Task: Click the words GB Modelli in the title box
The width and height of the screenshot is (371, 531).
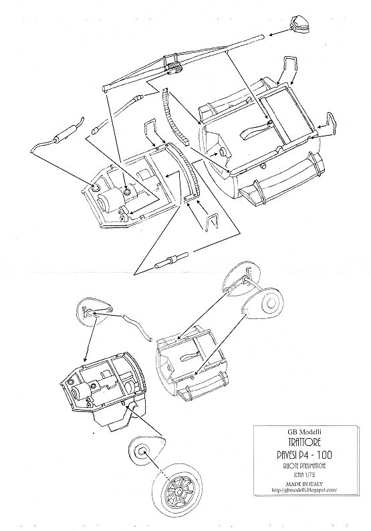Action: click(304, 432)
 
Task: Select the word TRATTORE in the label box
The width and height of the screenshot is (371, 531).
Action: click(305, 442)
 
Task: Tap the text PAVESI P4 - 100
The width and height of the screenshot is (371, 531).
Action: click(305, 455)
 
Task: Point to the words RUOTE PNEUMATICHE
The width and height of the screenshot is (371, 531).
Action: click(305, 466)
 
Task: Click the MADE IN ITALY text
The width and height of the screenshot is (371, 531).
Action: click(304, 484)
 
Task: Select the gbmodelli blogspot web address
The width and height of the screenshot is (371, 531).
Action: click(304, 490)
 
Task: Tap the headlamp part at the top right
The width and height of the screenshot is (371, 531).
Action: click(299, 24)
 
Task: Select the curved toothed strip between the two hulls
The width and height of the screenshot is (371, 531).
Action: click(174, 117)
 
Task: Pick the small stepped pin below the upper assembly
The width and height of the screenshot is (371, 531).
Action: click(171, 260)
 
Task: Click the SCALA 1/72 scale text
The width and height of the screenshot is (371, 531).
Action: click(305, 475)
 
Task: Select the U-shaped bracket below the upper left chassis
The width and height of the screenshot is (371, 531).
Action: click(213, 222)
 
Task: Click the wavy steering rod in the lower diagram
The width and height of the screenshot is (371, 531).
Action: click(137, 328)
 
